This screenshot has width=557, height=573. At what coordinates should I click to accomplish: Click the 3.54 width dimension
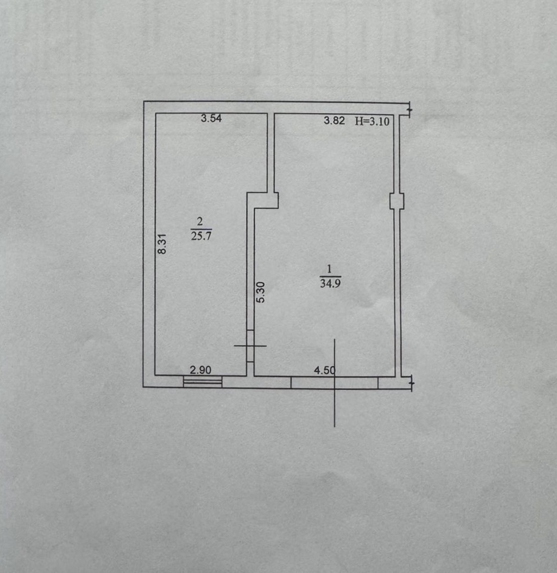coord(211,118)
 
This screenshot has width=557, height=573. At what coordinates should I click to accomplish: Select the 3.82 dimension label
coord(334,120)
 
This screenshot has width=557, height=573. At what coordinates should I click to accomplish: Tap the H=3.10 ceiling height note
coord(372,121)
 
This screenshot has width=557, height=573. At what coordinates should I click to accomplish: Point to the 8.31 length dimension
coord(162,244)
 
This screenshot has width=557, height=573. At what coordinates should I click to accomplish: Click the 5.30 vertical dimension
coord(261,292)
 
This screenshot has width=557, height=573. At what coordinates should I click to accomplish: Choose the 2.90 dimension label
coord(200,370)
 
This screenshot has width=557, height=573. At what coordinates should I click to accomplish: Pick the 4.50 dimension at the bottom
coord(325,370)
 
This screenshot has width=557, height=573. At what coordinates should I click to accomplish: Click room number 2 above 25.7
coord(200,221)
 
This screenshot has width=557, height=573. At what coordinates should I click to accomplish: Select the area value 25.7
coord(201,236)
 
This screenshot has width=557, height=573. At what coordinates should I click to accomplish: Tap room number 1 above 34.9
coord(329,269)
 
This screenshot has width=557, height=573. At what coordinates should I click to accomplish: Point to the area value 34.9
coord(330,284)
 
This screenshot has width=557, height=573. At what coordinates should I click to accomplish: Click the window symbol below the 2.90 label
coord(202,382)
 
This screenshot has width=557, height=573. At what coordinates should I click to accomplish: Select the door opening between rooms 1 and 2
coord(250,346)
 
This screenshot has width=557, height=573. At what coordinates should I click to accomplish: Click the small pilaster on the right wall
coord(397,201)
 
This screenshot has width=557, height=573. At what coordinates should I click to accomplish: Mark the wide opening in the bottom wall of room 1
coord(334,383)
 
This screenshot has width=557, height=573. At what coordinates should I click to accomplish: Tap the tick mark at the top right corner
coord(410,110)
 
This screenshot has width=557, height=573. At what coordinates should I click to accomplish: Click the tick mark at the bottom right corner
coord(411,383)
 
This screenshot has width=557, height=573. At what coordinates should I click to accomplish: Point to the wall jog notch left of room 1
coord(263,201)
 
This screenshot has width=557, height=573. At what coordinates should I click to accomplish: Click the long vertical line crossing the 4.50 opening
coord(334,383)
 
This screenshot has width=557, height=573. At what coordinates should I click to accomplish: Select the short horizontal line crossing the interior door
coord(250,346)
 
